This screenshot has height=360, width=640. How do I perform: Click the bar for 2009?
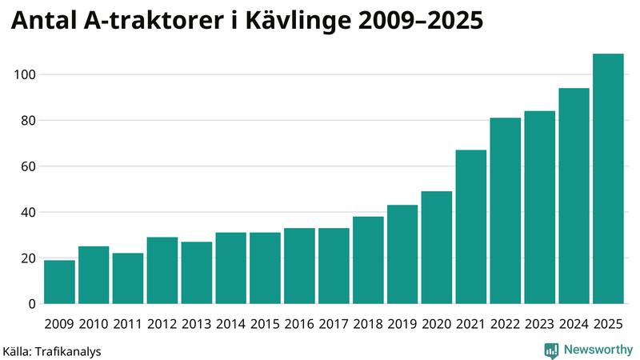59,282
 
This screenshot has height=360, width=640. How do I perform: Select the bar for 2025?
608,179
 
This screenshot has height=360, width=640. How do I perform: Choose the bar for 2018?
368,260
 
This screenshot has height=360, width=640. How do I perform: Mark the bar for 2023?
540,208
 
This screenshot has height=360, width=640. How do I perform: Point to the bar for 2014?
230,268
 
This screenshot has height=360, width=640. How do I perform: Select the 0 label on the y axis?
31,304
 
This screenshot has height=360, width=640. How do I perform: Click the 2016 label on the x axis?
299,324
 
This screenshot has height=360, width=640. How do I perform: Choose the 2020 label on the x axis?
437,324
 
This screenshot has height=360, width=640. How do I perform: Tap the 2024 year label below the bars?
574,324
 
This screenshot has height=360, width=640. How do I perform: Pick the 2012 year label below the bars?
162,324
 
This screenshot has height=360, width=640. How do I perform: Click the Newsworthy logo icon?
551,350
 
